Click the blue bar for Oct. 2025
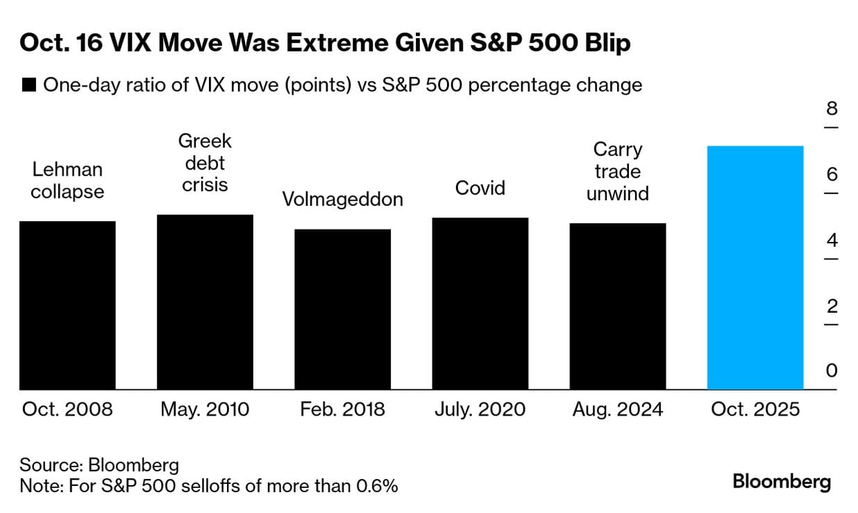(755, 268)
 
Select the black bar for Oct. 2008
(67, 305)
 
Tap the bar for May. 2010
(205, 302)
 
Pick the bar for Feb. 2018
(342, 309)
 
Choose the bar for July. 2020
(480, 304)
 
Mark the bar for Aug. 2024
(617, 307)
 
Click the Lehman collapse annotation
(67, 181)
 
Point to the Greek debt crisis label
(205, 163)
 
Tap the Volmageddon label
(342, 199)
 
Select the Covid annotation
(480, 188)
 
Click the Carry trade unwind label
(617, 171)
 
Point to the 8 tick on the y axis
(832, 109)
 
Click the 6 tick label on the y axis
(832, 174)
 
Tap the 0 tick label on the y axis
(832, 370)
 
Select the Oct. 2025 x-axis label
(755, 409)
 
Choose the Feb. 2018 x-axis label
(342, 409)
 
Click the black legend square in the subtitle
(28, 85)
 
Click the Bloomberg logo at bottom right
(782, 482)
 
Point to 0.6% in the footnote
(378, 486)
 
